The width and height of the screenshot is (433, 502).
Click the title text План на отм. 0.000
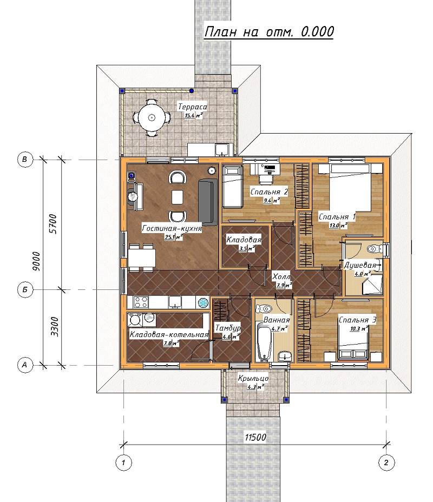coord(269,32)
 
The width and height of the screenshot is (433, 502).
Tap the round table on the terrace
coord(152,117)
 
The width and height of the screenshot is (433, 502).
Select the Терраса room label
coord(193,107)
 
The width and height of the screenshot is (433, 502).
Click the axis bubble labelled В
coord(25,159)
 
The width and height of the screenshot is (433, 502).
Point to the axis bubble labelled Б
coord(25,290)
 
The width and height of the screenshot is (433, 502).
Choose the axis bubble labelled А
coord(25,365)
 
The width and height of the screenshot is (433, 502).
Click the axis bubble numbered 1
coord(123,463)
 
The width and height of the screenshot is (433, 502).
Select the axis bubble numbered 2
coord(386,463)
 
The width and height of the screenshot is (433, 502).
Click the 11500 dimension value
coord(255,437)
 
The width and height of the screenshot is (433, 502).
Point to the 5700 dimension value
coord(53,224)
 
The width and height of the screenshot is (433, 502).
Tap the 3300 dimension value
coord(55,327)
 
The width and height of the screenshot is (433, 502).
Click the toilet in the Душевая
coord(375,248)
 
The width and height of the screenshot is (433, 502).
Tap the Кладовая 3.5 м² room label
coord(244,243)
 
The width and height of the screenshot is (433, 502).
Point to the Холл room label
coord(281,276)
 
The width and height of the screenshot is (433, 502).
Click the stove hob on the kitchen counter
coord(141,302)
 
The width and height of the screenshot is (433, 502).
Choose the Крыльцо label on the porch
coord(253,379)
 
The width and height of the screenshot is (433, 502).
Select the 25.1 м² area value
coord(174,237)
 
